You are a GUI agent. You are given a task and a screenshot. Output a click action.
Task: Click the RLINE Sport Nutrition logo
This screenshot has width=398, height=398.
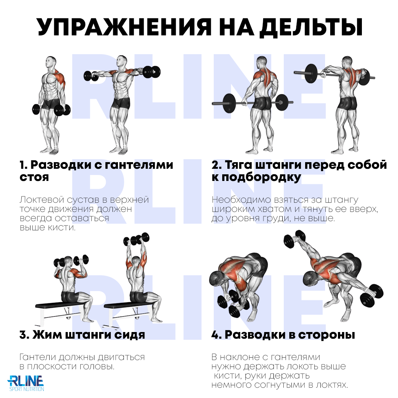click(26, 383)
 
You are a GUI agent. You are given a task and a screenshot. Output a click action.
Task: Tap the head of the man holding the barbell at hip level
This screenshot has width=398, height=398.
click(262, 62)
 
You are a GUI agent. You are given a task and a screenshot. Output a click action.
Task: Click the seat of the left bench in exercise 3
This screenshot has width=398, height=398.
click(61, 305)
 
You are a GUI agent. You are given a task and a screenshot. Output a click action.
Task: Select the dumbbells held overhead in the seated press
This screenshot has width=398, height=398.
click(136, 240)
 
